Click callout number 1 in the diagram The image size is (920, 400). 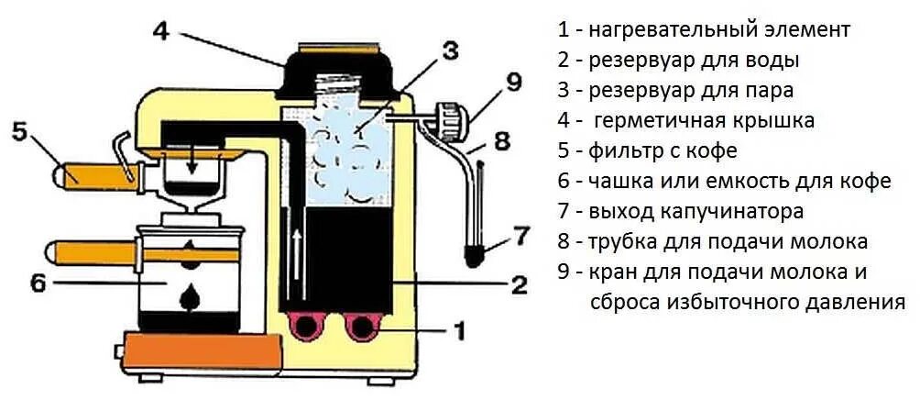pyautogui.click(x=461, y=328)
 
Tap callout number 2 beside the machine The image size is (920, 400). pyautogui.click(x=519, y=284)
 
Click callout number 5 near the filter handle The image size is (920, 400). pyautogui.click(x=19, y=131)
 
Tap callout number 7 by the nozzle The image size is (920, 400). pyautogui.click(x=520, y=236)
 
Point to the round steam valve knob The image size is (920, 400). pyautogui.click(x=450, y=118)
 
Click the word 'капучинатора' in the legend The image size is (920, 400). pyautogui.click(x=732, y=211)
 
